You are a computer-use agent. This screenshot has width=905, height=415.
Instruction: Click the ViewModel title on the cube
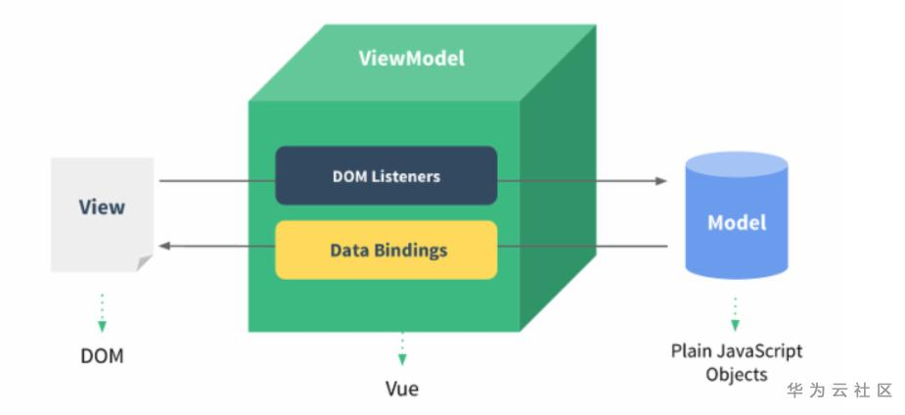(412, 59)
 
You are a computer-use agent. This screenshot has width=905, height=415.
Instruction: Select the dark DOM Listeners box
(386, 175)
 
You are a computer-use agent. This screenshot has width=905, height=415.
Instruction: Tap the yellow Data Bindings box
(386, 250)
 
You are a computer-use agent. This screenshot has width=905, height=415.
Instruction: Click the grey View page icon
(102, 214)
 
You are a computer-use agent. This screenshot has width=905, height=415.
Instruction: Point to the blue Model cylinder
(737, 215)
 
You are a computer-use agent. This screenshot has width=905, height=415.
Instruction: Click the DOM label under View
(102, 355)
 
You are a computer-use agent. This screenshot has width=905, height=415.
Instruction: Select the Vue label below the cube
(402, 389)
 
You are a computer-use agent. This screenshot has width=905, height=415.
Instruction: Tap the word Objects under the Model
(737, 374)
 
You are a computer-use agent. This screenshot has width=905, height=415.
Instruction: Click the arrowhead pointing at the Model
(661, 181)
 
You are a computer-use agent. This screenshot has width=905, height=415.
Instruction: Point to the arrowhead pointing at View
(164, 246)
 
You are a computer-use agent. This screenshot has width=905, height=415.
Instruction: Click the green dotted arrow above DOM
(102, 313)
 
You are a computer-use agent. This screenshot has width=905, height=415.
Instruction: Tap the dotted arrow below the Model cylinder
(735, 314)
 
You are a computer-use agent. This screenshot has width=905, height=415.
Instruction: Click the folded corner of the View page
(144, 263)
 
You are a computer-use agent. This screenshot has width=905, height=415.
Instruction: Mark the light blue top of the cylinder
(737, 163)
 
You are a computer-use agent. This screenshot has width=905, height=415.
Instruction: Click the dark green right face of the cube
(558, 179)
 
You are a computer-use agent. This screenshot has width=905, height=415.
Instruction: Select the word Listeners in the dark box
(407, 176)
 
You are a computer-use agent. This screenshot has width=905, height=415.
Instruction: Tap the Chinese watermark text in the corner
(839, 391)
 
